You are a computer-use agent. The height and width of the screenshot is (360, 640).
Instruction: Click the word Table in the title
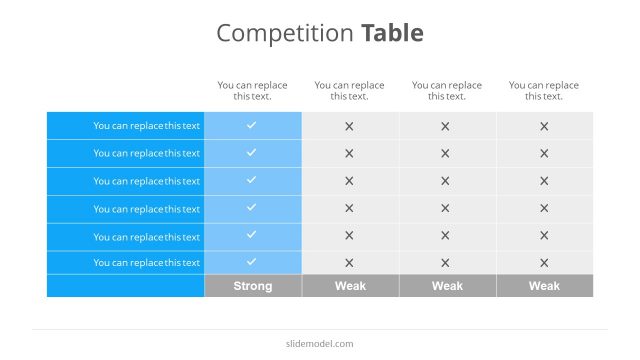click(x=392, y=33)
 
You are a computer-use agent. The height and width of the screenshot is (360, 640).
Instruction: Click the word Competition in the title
click(x=285, y=34)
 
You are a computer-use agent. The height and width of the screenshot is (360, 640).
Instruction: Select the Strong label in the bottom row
click(x=253, y=286)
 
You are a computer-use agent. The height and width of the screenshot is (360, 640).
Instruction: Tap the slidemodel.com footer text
click(x=320, y=344)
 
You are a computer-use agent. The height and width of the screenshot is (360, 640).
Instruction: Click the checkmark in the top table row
click(x=252, y=125)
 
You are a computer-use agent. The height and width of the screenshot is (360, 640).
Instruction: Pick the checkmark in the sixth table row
click(x=252, y=262)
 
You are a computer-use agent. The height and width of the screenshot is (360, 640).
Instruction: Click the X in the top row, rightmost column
click(x=544, y=126)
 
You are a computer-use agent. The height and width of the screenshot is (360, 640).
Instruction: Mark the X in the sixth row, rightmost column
click(x=544, y=263)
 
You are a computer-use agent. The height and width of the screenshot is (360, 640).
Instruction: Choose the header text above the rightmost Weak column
click(x=544, y=91)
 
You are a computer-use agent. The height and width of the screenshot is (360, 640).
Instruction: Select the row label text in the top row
click(x=147, y=126)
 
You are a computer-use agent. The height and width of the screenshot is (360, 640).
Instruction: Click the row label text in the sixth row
click(x=147, y=263)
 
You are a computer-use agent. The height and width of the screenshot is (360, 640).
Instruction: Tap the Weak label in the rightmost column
click(x=544, y=286)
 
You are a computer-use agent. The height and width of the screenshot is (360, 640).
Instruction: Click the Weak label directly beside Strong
click(x=350, y=286)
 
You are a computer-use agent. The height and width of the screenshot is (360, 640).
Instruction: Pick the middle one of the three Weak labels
click(x=447, y=286)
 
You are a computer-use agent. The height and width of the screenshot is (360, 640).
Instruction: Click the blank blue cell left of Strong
click(x=125, y=286)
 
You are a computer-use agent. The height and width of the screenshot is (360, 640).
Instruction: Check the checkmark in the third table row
click(x=252, y=180)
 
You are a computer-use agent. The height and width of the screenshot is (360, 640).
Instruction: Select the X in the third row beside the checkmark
click(x=349, y=181)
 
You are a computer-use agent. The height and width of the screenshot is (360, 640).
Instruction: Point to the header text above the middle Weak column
click(x=447, y=91)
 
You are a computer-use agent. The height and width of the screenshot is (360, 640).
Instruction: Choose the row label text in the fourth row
click(x=147, y=208)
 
